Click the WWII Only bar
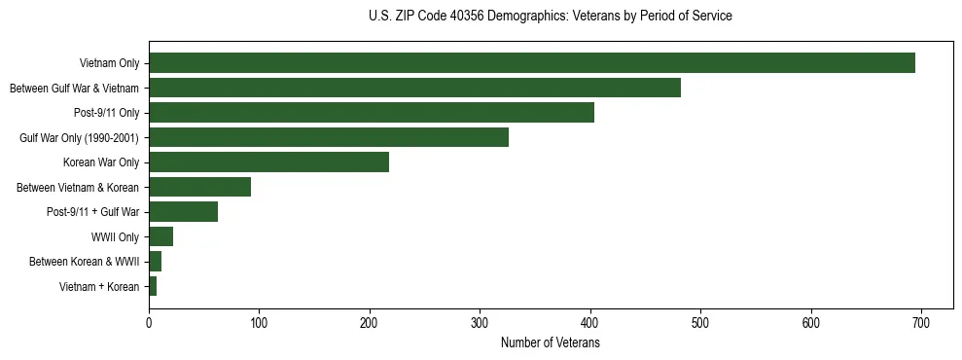(160, 236)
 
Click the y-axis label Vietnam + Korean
(99, 287)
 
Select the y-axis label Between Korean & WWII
(84, 262)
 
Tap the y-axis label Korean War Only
(101, 162)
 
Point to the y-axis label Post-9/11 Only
(106, 113)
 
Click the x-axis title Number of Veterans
(550, 343)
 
